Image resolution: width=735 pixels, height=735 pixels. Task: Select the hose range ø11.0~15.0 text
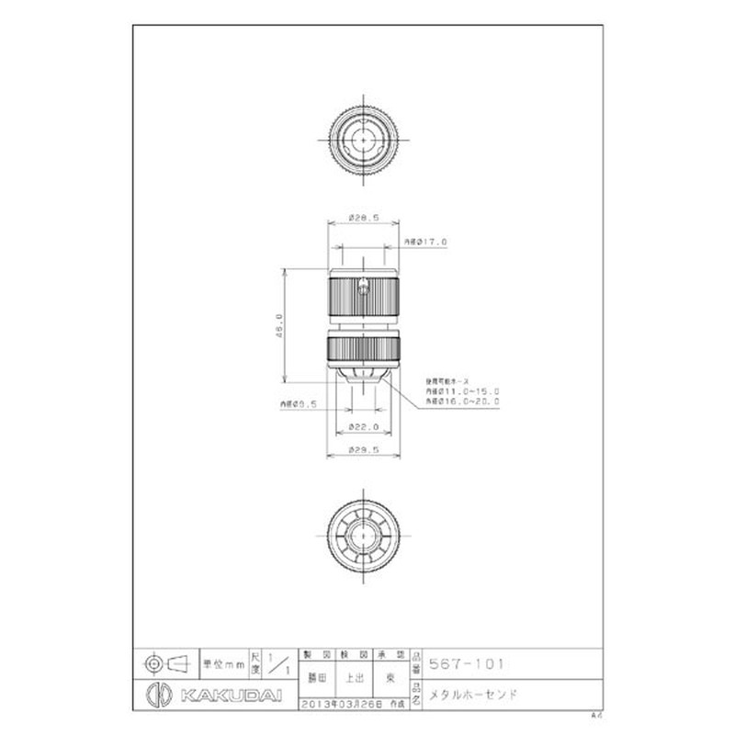click(462, 390)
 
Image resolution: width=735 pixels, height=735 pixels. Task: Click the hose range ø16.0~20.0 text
click(462, 401)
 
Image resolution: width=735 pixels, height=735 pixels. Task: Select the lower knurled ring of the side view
click(363, 349)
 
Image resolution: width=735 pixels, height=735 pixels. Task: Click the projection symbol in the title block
click(166, 662)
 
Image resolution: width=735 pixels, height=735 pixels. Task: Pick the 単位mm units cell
click(223, 662)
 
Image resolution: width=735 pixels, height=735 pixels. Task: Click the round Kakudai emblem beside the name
click(157, 695)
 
